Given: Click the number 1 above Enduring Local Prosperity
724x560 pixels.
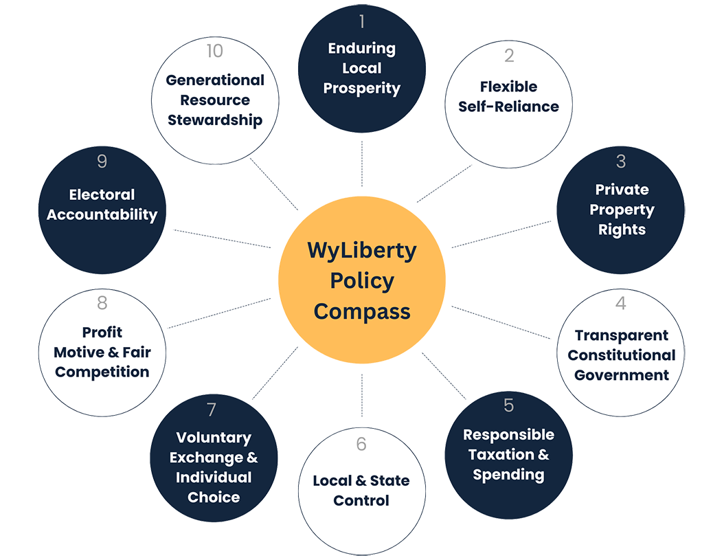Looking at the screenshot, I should [x=361, y=22].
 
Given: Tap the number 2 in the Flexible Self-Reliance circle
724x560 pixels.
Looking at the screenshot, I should [x=508, y=56].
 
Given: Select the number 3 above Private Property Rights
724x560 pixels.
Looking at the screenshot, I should [x=621, y=161].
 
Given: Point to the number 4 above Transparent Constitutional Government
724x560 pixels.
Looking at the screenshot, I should [x=621, y=304].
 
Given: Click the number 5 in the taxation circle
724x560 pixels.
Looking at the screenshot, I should [x=508, y=405].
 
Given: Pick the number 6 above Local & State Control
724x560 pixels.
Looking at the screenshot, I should [x=361, y=445].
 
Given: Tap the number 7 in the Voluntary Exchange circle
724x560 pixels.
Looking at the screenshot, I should [x=212, y=410].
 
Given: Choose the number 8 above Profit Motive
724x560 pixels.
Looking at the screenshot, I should [x=102, y=304].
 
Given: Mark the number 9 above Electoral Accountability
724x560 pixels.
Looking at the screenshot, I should [x=102, y=161].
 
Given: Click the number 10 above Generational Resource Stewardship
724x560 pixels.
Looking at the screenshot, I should [x=215, y=52].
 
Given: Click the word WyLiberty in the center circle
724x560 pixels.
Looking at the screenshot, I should [x=361, y=251].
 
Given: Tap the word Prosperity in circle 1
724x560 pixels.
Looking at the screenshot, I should [x=361, y=88].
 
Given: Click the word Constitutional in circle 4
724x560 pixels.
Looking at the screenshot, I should [x=621, y=355].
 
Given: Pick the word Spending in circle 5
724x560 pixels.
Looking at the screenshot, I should [x=508, y=474].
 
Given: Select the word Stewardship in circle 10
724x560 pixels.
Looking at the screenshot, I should [x=215, y=120].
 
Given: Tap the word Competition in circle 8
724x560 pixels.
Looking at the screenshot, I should [x=102, y=372].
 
